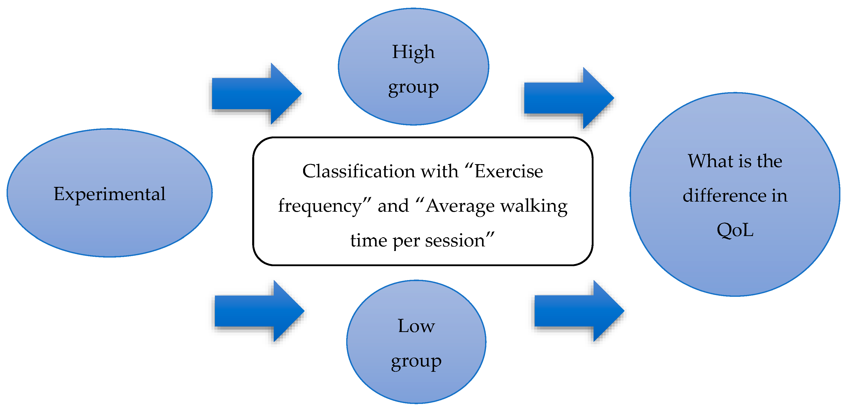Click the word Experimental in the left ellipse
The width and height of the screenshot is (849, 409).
pos(109,194)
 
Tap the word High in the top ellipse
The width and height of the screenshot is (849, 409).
pos(413,53)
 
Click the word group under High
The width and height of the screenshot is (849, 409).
pos(413,88)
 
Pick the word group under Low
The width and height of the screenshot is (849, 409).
pos(416,362)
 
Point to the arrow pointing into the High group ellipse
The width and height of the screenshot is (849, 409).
pos(257,93)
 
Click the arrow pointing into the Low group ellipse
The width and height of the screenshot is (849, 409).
pos(259,311)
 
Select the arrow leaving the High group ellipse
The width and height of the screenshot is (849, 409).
pos(569,98)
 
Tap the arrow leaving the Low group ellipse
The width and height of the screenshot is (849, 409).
pos(579,311)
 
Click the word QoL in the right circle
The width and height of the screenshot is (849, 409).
pos(735,230)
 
